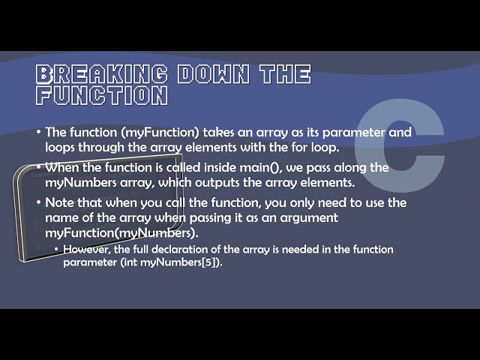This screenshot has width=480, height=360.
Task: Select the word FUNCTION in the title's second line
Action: [102, 95]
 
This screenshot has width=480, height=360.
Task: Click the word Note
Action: [61, 203]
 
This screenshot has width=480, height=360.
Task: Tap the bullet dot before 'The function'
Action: [39, 133]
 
